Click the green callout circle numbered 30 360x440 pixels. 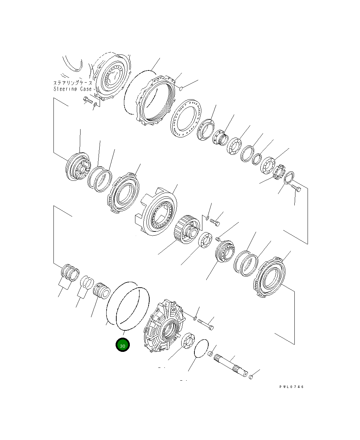(x=123, y=345)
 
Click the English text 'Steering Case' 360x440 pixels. (x=73, y=89)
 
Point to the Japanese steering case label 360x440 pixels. (x=73, y=83)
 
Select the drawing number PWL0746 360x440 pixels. (x=291, y=387)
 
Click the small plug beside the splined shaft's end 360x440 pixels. (x=251, y=376)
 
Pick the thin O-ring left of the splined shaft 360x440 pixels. (x=201, y=348)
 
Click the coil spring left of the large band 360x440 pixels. (x=101, y=289)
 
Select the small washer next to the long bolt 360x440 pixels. (x=195, y=318)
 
